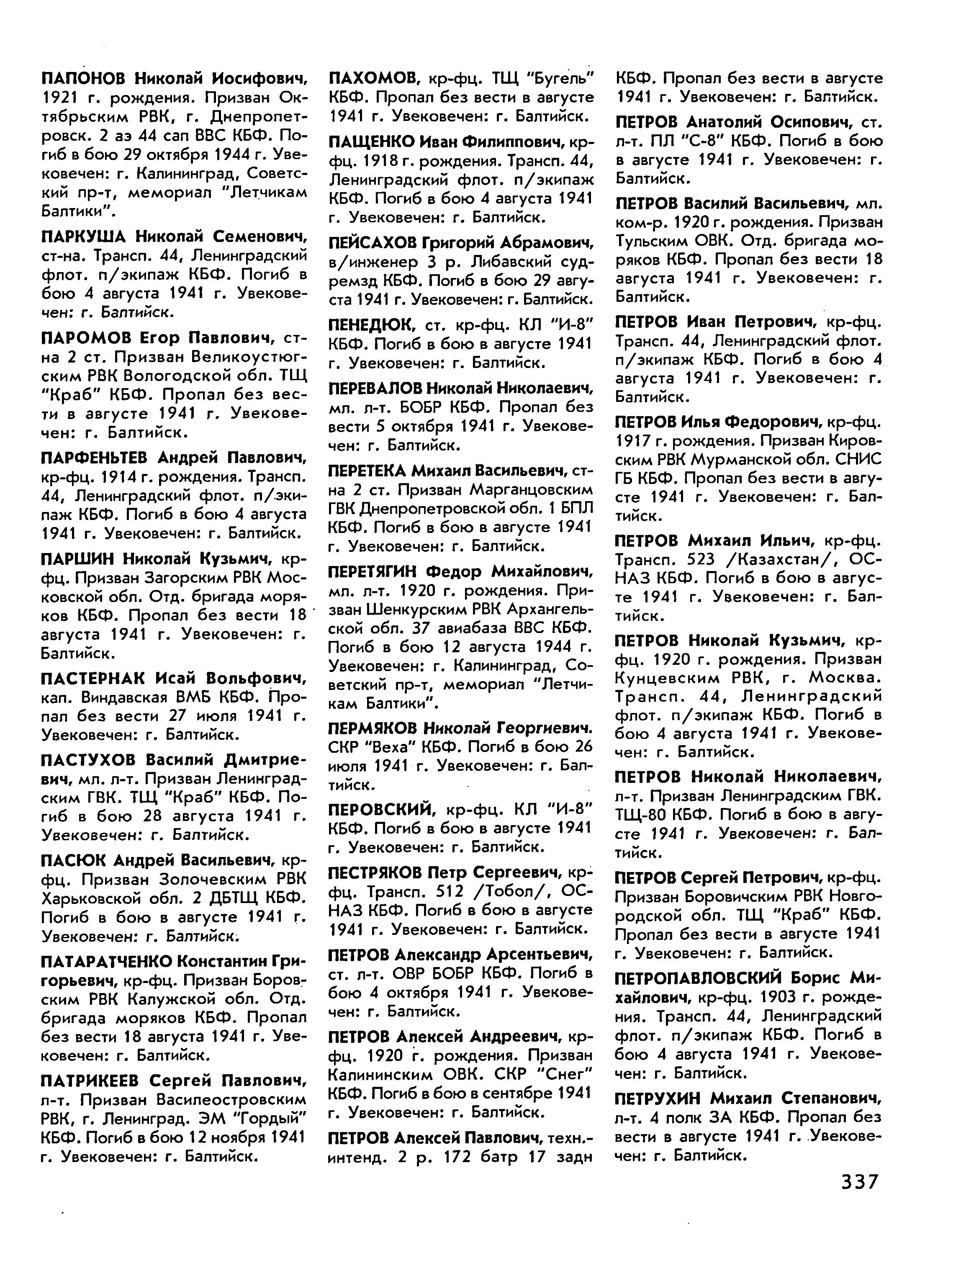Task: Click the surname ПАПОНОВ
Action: pos(85,78)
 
